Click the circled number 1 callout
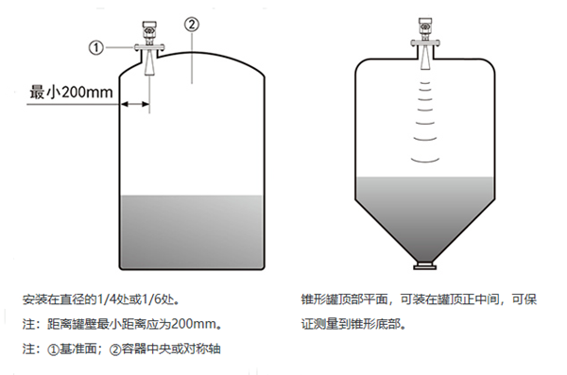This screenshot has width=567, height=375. coord(96,45)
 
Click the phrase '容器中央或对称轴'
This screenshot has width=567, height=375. coord(166,349)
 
